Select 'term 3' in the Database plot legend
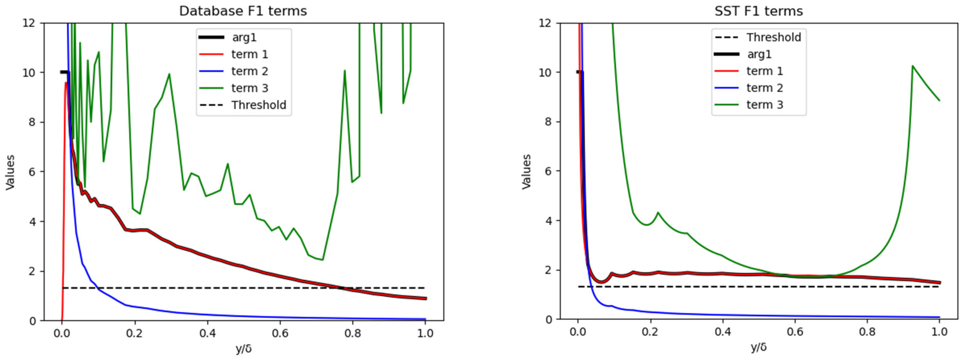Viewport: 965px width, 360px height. tap(250, 88)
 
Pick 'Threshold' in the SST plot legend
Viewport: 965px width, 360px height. tap(773, 37)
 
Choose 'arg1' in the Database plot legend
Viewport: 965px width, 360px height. tap(244, 37)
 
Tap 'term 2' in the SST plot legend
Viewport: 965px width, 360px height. tap(765, 88)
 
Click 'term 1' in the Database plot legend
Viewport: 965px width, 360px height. tap(250, 54)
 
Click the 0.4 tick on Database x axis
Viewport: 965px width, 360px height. tap(207, 333)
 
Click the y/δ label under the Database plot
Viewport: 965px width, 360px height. tap(244, 349)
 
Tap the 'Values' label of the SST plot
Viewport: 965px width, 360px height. tap(527, 172)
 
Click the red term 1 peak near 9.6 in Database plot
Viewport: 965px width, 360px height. tap(66, 82)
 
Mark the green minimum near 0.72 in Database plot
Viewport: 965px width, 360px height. tap(322, 260)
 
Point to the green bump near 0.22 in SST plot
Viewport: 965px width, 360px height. tap(658, 213)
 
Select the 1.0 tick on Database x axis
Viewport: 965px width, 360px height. tap(425, 333)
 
